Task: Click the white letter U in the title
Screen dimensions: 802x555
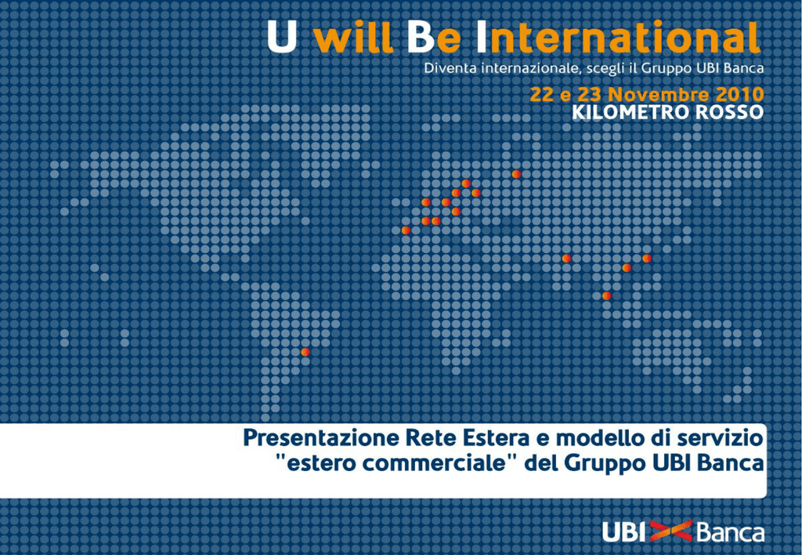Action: pos(282,37)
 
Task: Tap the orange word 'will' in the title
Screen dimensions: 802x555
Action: pos(353,37)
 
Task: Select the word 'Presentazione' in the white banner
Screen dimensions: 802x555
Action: pos(320,438)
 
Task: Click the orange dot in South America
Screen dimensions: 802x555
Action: pos(305,352)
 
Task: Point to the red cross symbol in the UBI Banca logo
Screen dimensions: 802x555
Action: pos(670,531)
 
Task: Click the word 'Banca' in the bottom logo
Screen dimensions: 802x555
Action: pos(731,532)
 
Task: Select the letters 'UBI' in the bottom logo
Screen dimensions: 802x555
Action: pos(624,532)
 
